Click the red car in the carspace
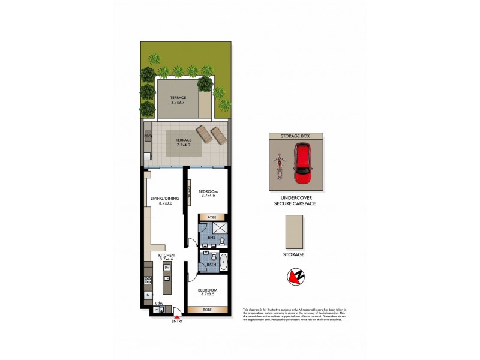[304, 166]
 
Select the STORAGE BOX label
[296, 137]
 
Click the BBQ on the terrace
[148, 137]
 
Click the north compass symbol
[293, 276]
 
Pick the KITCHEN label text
[166, 256]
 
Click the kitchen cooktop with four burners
[148, 279]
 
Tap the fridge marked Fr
[148, 296]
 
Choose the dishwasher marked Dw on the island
[167, 267]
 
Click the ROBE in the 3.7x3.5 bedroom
[207, 310]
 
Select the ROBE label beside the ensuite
[211, 217]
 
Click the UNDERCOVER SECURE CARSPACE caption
[295, 201]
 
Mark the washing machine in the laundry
[156, 310]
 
